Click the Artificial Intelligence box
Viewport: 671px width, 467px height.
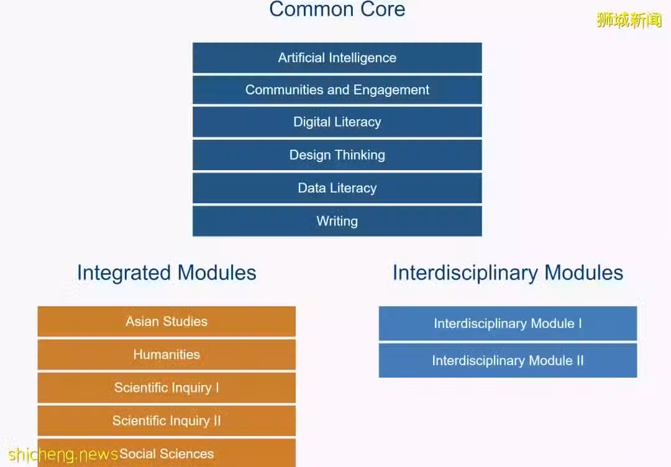[337, 58]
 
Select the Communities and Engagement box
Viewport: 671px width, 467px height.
[337, 90]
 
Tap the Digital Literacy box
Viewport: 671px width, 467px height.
[337, 122]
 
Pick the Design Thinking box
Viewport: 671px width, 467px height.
[337, 155]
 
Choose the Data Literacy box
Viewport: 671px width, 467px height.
[337, 188]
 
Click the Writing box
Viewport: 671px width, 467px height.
[337, 221]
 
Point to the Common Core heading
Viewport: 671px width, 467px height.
[337, 9]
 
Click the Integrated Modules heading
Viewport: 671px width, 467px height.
[167, 273]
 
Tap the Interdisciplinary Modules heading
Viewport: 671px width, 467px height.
[508, 273]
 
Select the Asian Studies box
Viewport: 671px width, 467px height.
[167, 321]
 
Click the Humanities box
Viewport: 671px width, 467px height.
[167, 355]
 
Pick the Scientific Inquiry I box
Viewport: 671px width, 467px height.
[167, 388]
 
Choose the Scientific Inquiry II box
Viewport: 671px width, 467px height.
[167, 421]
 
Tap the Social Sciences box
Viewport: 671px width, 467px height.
[167, 453]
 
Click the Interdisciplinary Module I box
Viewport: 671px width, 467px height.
[508, 324]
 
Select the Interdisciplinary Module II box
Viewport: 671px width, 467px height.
[508, 361]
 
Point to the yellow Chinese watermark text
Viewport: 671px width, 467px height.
[629, 20]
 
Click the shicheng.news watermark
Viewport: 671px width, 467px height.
[63, 455]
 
